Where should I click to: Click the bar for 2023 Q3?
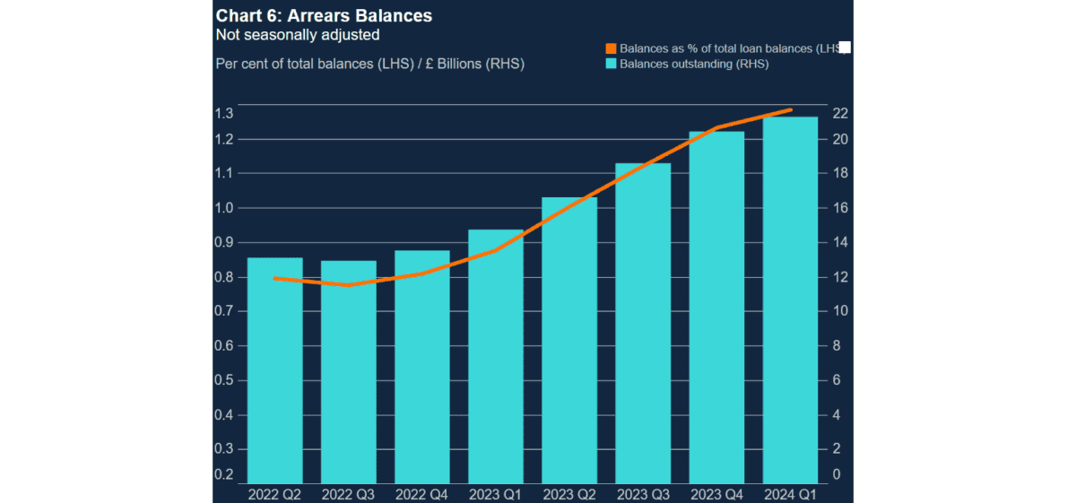(643, 323)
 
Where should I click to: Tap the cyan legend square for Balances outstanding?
(612, 64)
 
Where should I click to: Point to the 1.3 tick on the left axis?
(224, 114)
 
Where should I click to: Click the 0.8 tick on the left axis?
(224, 277)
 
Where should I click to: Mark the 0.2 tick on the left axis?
(224, 474)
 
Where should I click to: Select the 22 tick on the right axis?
(839, 114)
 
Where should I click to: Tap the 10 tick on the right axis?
(839, 311)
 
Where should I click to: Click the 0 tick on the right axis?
(836, 474)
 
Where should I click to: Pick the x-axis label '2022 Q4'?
(421, 494)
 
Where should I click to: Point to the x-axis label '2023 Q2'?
(568, 494)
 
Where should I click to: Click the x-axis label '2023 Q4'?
(716, 494)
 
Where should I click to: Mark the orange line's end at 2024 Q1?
(790, 110)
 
